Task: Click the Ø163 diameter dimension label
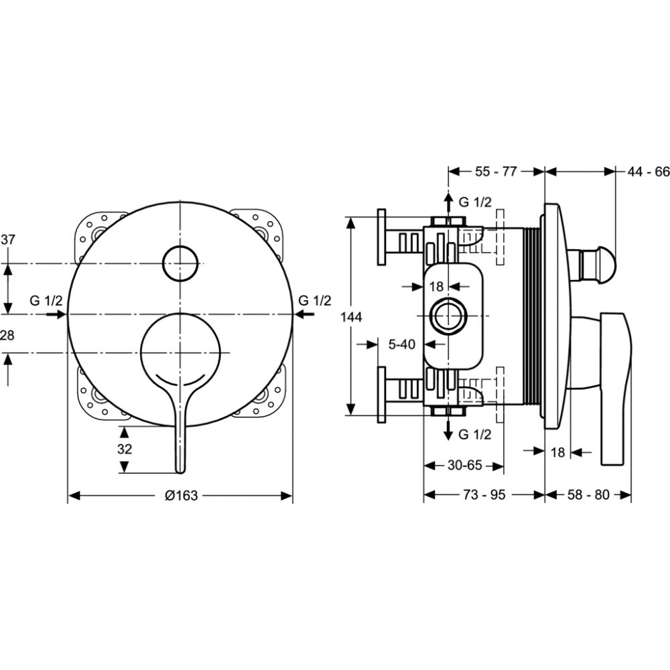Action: point(181,495)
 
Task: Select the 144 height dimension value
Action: point(351,317)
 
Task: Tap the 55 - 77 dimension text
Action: point(496,172)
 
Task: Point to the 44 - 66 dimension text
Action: point(648,172)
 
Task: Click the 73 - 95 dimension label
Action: point(484,495)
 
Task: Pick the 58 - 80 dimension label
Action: point(588,495)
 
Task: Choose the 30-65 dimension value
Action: point(465,465)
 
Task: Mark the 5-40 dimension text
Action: point(401,344)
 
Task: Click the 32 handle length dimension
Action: point(125,449)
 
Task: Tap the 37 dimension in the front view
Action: point(7,240)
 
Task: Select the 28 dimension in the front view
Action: point(7,336)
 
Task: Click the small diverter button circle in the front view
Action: point(181,263)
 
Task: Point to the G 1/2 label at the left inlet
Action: point(46,301)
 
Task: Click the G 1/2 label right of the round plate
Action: point(315,301)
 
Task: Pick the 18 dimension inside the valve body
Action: point(436,286)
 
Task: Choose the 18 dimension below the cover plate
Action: point(557,452)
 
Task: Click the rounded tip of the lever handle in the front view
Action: point(180,470)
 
